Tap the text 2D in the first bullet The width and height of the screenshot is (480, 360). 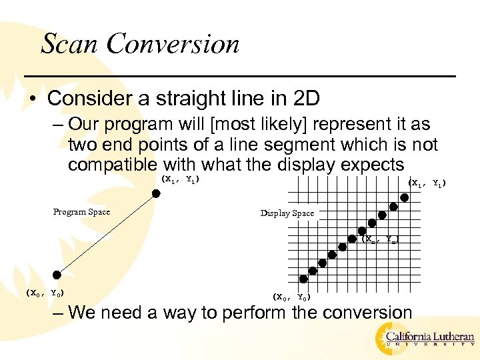(307, 99)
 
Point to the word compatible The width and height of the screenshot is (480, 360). (113, 165)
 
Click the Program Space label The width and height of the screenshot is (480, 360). (81, 212)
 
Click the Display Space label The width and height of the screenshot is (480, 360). (287, 213)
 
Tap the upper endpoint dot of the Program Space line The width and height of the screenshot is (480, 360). (156, 193)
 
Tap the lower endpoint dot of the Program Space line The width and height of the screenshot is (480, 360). (57, 274)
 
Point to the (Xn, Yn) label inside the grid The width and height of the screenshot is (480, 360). (382, 239)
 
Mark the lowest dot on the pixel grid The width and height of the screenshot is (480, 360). (303, 279)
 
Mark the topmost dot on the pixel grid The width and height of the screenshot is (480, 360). (405, 197)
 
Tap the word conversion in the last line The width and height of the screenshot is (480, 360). (355, 312)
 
